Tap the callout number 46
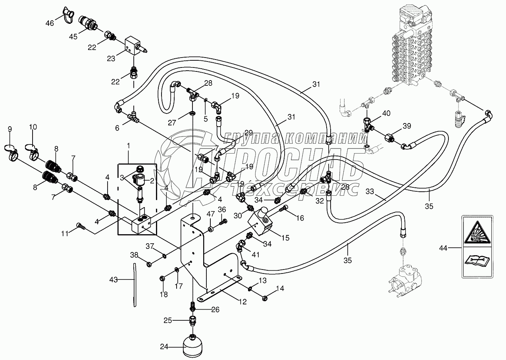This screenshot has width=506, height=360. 50,23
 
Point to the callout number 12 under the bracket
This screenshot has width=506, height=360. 242,302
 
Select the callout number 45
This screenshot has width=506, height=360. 73,37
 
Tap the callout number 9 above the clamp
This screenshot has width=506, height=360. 10,129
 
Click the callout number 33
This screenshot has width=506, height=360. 370,192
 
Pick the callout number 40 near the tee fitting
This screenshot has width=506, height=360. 386,114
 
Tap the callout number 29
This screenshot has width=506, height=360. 248,133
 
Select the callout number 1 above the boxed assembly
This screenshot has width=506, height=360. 129,146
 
